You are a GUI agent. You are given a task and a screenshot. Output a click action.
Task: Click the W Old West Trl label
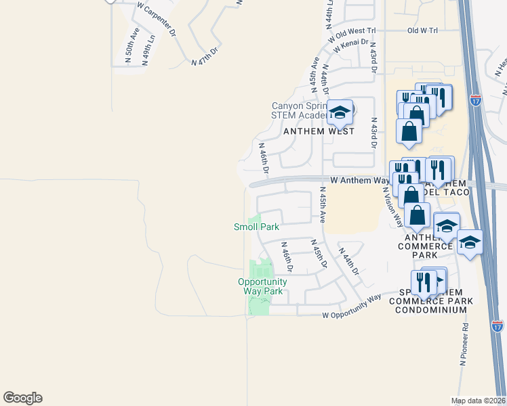(x=352, y=32)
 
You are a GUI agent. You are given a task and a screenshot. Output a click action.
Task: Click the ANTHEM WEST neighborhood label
(x=319, y=131)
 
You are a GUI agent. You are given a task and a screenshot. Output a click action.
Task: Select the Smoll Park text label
(x=256, y=227)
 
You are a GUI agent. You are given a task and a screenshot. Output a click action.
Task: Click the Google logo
(x=22, y=398)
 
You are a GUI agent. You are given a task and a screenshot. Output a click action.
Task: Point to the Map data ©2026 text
(x=478, y=401)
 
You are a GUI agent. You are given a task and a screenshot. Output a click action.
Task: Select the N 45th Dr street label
(x=319, y=253)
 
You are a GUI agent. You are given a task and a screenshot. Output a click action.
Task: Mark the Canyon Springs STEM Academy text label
(x=299, y=110)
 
